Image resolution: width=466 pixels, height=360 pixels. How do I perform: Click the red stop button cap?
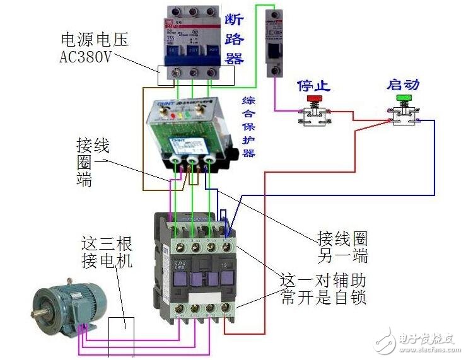click(x=314, y=98)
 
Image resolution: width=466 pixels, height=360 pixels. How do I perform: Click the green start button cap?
click(x=403, y=98)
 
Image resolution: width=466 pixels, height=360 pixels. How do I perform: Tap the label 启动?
click(x=404, y=84)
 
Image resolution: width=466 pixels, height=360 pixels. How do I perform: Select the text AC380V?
click(x=85, y=57)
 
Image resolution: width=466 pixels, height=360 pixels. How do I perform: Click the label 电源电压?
click(x=94, y=40)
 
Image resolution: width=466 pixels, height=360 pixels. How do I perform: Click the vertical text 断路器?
click(x=235, y=39)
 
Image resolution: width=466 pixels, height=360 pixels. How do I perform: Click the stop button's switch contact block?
click(x=314, y=117)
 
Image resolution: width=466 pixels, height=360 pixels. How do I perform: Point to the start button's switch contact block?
click(x=404, y=115)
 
